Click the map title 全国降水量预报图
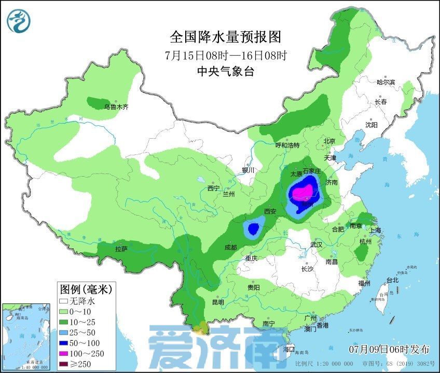tap(225, 37)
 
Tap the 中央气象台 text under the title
tap(225, 72)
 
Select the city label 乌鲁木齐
tap(116, 107)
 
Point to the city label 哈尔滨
tap(386, 82)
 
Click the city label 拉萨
tap(121, 249)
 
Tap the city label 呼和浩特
tap(287, 145)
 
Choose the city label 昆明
tap(218, 302)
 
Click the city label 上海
tap(375, 230)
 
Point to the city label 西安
tap(270, 211)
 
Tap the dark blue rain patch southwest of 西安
tap(254, 228)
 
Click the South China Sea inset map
tap(27, 336)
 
